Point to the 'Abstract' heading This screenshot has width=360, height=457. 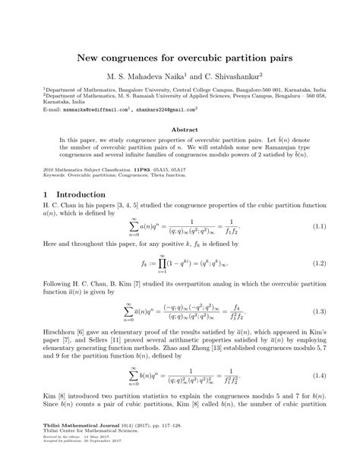(180, 130)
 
